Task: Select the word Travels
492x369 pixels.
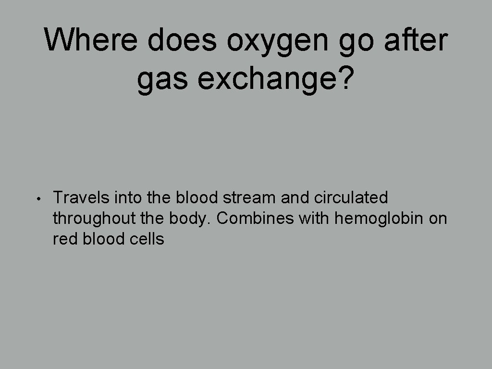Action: tap(81, 197)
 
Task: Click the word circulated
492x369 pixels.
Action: tap(351, 197)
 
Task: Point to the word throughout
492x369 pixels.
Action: tap(94, 219)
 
